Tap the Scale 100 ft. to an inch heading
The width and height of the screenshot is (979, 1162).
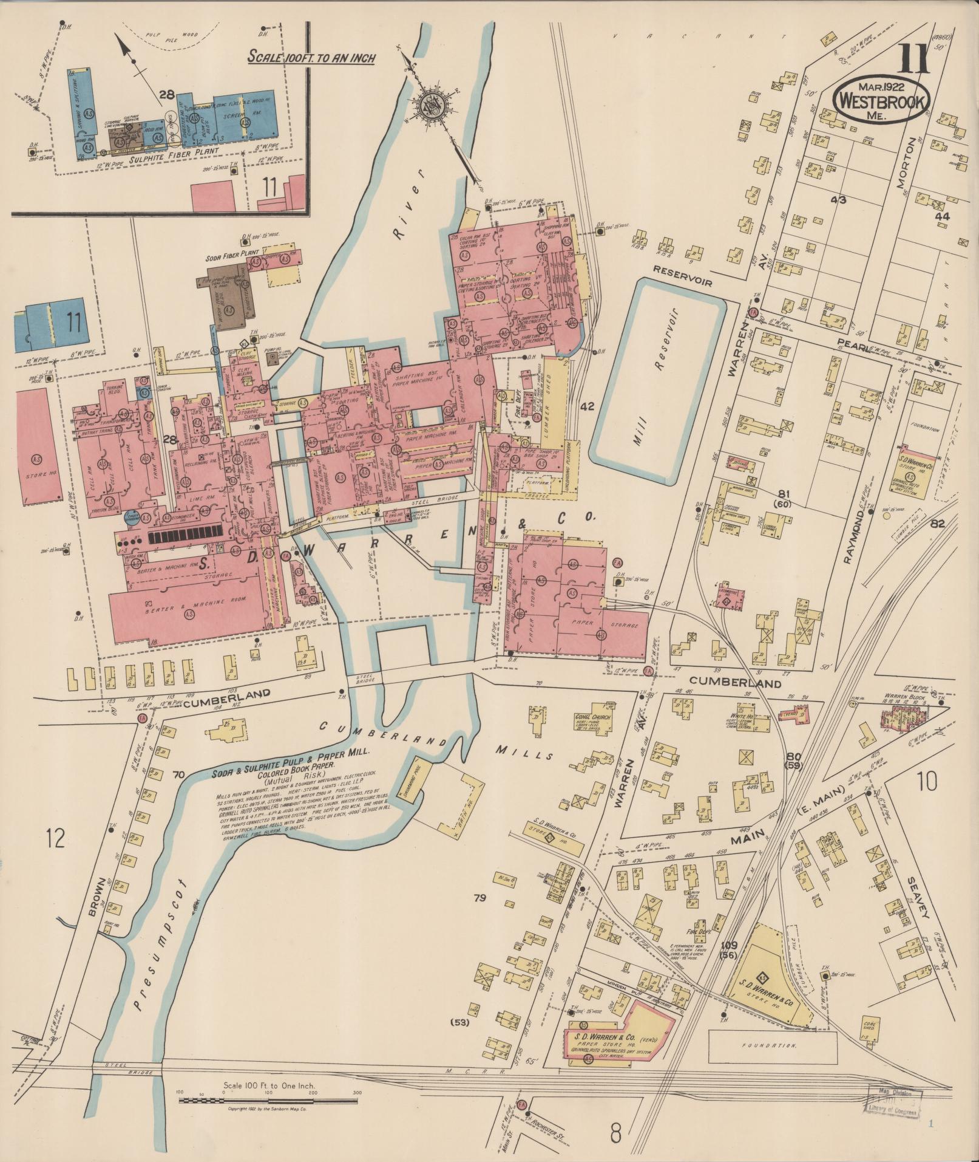[x=311, y=58]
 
